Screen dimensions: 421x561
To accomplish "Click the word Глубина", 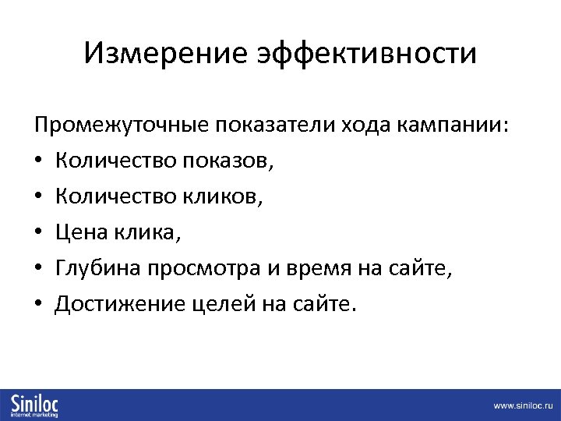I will point(101,268).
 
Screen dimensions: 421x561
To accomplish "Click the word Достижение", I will point(119,304).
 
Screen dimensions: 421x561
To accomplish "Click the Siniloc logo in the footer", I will point(36,404).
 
